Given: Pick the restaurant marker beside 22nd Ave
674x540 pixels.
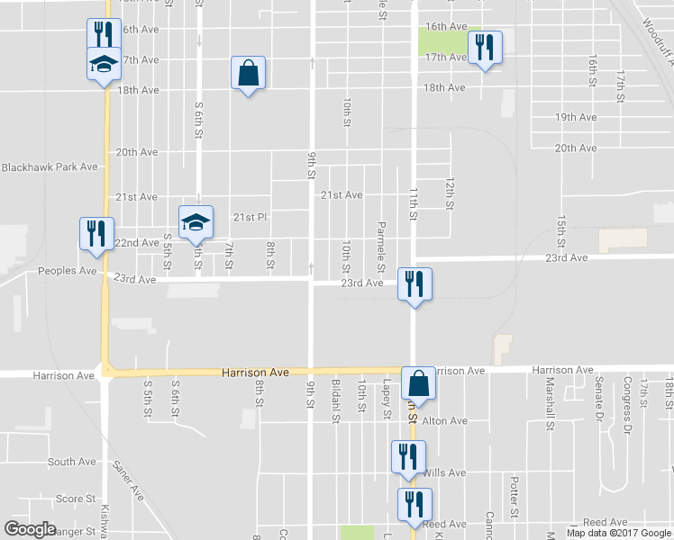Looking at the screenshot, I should (94, 232).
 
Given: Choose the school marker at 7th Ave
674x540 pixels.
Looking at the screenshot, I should (102, 63).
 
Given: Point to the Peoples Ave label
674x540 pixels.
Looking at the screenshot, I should (66, 270).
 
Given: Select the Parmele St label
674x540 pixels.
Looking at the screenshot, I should (381, 247).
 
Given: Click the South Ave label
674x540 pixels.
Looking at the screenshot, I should (72, 462).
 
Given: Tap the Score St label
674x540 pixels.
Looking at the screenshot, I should (76, 499).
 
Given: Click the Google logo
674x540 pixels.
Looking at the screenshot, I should (31, 530).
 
